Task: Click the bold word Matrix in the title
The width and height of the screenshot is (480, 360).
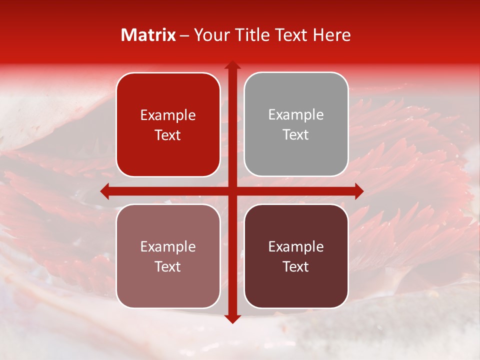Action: [148, 35]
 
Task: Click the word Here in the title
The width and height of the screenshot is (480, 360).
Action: [332, 35]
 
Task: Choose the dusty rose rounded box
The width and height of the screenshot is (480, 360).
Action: [168, 285]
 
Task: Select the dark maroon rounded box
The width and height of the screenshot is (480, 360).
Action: [296, 285]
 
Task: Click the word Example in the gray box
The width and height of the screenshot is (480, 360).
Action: [296, 115]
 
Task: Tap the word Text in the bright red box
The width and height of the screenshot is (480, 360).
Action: [168, 135]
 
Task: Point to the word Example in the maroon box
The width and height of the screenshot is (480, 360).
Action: [296, 246]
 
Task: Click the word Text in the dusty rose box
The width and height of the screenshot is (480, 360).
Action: [168, 267]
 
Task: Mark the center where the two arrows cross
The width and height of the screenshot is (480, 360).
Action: [232, 191]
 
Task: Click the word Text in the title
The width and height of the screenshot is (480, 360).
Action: [292, 35]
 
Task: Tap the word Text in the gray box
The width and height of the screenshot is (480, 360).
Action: [296, 135]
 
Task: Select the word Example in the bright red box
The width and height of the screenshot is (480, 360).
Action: [168, 115]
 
